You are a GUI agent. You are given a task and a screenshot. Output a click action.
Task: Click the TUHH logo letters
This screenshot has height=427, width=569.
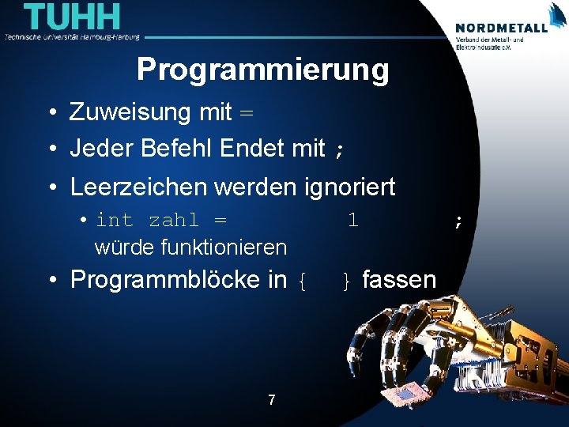pos(73,17)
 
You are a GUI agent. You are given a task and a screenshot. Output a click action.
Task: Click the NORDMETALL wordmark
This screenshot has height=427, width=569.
pos(501,27)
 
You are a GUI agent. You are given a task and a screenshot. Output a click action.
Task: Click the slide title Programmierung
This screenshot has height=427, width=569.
pos(262,70)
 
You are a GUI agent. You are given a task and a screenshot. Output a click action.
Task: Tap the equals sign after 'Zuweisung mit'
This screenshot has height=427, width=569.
pos(247,114)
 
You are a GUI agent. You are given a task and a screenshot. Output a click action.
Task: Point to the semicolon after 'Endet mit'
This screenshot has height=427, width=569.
pos(339,149)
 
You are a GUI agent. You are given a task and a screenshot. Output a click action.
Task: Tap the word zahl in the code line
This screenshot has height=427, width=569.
pos(174,220)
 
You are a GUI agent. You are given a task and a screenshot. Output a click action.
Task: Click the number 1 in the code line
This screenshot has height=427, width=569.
pos(353,220)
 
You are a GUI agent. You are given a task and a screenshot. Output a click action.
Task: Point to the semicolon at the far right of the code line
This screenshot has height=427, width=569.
pos(458,222)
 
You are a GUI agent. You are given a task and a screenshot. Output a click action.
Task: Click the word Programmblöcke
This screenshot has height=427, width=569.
pos(178,279)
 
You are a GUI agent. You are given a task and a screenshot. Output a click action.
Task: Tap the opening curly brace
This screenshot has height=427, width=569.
pos(301,281)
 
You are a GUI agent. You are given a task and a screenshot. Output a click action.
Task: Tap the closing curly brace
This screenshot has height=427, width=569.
pos(346,281)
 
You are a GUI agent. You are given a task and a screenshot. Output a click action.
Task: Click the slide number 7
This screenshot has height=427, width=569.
pos(271,400)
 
